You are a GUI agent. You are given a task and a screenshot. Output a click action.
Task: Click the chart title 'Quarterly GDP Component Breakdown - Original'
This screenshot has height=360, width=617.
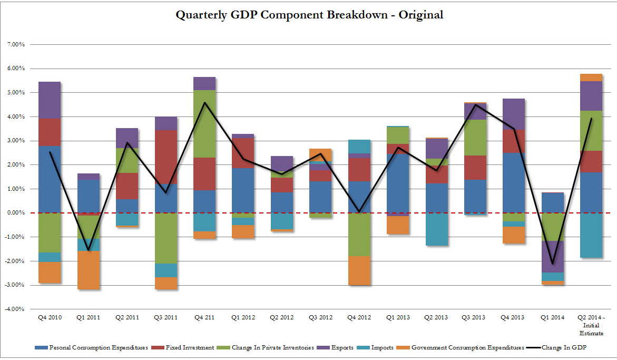click(309, 15)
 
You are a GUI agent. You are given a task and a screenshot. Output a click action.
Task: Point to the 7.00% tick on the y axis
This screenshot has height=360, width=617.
click(15, 44)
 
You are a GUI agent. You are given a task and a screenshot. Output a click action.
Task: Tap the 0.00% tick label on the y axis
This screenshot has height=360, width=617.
click(15, 213)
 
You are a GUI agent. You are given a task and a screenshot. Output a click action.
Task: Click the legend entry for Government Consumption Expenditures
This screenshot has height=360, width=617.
click(467, 348)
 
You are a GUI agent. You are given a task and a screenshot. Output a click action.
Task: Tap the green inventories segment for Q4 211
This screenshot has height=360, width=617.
click(204, 124)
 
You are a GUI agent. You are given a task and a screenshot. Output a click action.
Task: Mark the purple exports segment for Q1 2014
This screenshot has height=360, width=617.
click(553, 257)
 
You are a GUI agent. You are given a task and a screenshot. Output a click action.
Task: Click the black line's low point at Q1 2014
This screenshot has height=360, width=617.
click(553, 264)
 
